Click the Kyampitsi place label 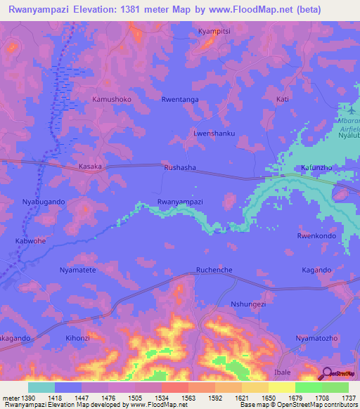(214, 32)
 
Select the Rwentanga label (180, 100)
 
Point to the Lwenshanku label (214, 133)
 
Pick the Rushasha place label (179, 168)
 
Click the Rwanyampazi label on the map (180, 202)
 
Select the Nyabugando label (44, 202)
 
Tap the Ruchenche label (214, 269)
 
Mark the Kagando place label (316, 270)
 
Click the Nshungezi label (248, 304)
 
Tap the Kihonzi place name (78, 338)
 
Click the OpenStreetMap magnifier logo (327, 374)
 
